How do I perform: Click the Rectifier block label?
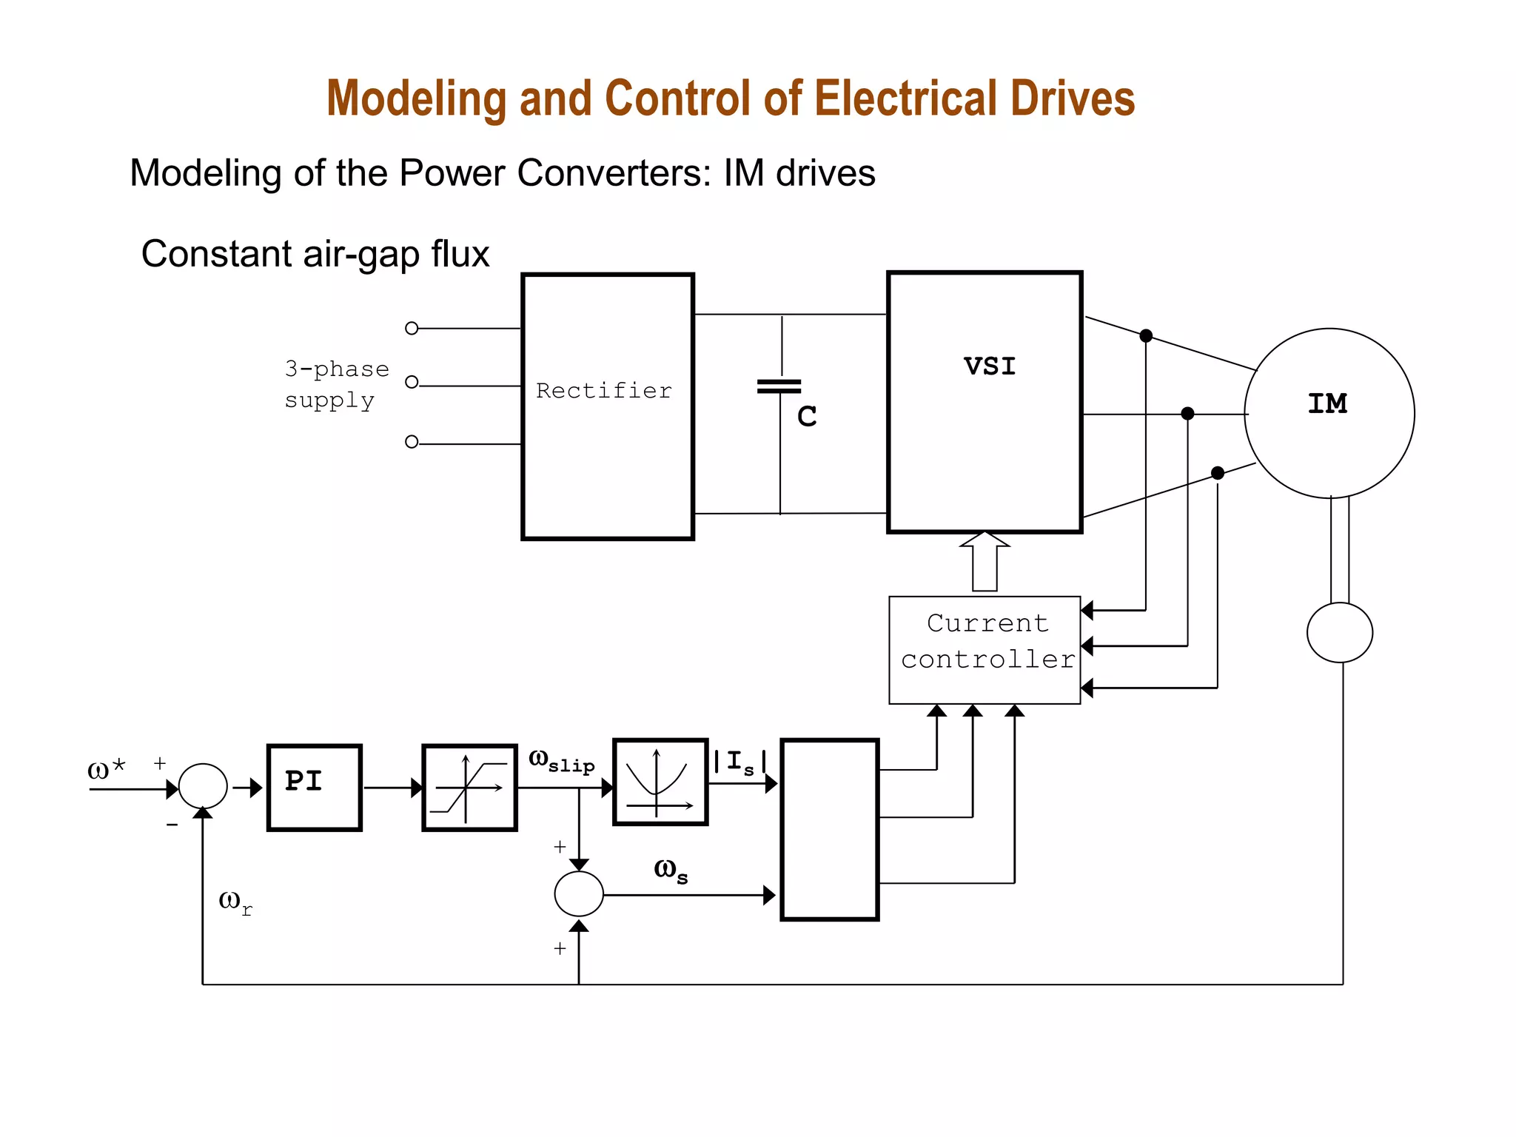coord(604,390)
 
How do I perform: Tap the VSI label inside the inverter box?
coord(990,366)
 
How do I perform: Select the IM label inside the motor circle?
coord(1327,403)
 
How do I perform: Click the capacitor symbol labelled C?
coord(779,387)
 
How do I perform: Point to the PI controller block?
coord(314,788)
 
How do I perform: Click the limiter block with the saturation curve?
coord(469,788)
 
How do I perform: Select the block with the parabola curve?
coord(660,782)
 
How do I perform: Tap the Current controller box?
coord(985,649)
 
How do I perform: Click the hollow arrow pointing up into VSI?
coord(985,562)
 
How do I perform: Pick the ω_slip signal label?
coord(561,761)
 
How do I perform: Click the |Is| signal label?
coord(739,762)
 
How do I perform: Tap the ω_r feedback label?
coord(235,902)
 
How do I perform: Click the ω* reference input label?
coord(106,769)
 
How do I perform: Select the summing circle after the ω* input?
coord(203,786)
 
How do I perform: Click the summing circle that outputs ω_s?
coord(579,893)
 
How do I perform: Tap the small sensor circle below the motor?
coord(1339,632)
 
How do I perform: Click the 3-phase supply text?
coord(336,384)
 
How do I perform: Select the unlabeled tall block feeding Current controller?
coord(829,829)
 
